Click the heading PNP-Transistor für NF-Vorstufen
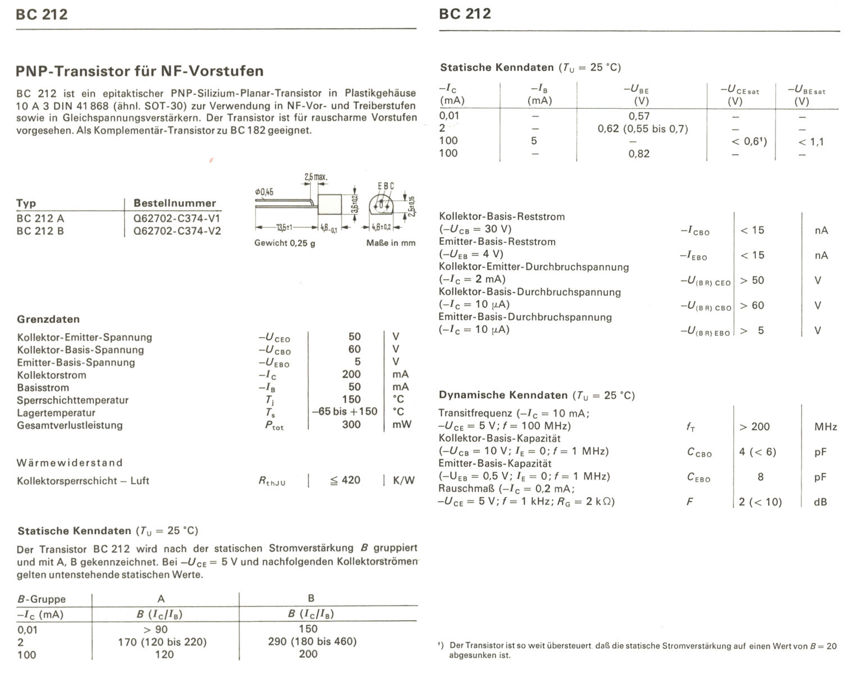click(140, 71)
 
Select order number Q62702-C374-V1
click(177, 218)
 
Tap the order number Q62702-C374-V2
click(177, 231)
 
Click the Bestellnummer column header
click(175, 203)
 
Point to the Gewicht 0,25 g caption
click(285, 243)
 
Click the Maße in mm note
click(391, 243)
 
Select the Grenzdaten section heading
click(48, 319)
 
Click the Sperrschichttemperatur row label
click(72, 400)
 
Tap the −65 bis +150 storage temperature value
click(345, 411)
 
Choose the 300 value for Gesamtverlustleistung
click(351, 425)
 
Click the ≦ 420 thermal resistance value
click(345, 480)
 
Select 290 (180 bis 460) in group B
click(312, 641)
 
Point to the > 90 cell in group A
click(155, 629)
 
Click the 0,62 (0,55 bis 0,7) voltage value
click(643, 129)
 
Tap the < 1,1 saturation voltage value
click(811, 142)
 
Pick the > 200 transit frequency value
click(754, 427)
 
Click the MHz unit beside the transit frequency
click(825, 427)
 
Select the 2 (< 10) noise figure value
click(760, 502)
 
